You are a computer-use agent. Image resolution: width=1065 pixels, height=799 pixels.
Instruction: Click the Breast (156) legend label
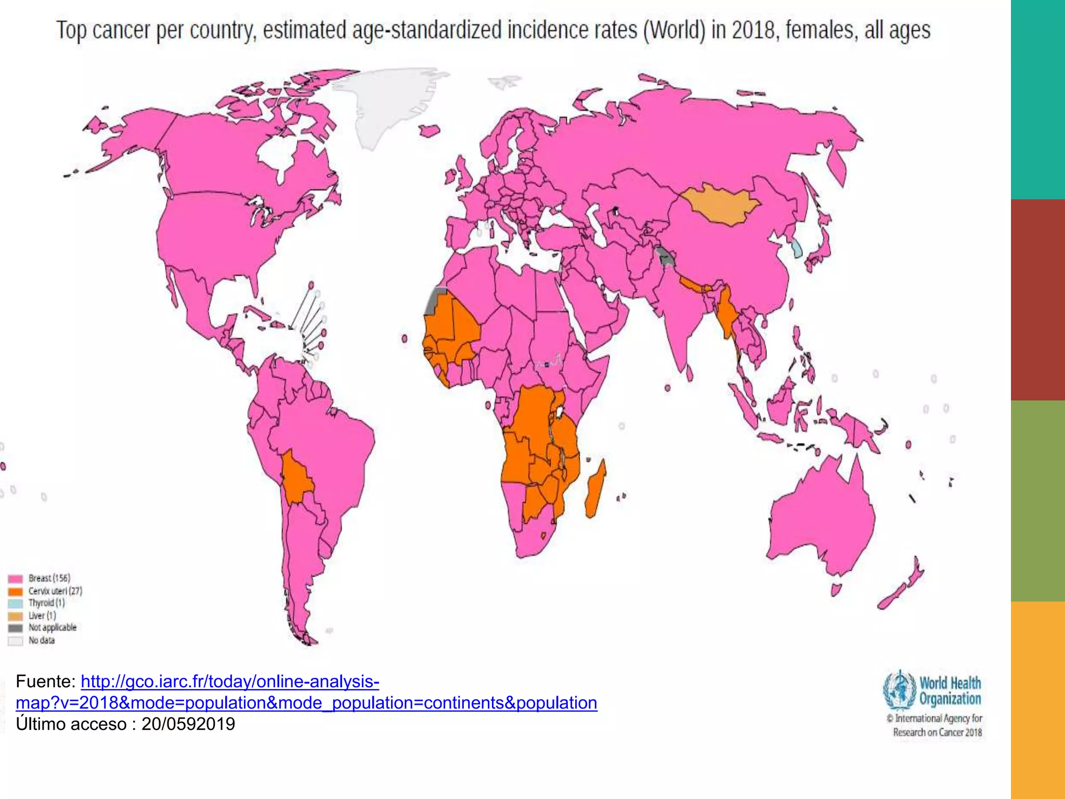(x=49, y=578)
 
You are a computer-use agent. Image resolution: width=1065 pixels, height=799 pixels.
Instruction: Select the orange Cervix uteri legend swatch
(x=15, y=591)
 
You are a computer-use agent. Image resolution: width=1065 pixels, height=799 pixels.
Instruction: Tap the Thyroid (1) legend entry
(x=46, y=603)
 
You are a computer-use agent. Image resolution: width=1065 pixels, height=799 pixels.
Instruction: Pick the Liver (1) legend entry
(x=42, y=615)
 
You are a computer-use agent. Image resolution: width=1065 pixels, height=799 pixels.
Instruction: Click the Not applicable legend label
(x=52, y=627)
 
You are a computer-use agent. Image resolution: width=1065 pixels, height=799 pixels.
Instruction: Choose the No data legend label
(x=41, y=640)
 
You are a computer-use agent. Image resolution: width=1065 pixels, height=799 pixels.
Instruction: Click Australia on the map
(x=822, y=515)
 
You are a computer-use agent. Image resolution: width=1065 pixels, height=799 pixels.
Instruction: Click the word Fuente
(x=45, y=681)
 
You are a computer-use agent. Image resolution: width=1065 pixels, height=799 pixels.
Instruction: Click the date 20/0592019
(x=188, y=724)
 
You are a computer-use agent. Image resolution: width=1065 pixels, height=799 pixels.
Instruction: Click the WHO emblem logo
(x=899, y=691)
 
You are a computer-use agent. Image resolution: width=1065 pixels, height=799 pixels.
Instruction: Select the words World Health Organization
(x=950, y=691)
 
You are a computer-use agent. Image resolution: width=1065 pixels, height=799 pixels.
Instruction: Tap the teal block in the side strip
(x=1037, y=99)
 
